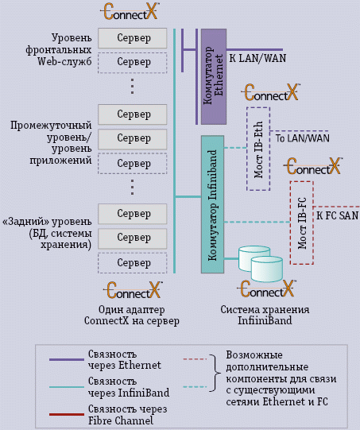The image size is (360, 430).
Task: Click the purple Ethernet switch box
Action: tap(214, 76)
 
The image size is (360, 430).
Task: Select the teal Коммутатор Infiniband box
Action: tap(212, 204)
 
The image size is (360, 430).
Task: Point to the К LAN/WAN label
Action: tap(257, 58)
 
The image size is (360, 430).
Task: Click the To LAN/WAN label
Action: tap(302, 138)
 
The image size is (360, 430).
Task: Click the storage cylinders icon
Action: tap(260, 265)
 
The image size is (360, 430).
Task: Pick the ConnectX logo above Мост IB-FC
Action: tap(314, 167)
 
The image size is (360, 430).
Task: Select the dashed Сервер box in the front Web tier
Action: tap(133, 62)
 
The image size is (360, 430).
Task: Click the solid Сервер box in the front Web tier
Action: tap(133, 38)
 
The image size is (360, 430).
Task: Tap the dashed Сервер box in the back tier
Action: tap(133, 262)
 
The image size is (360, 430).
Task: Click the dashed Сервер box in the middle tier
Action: tap(133, 163)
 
